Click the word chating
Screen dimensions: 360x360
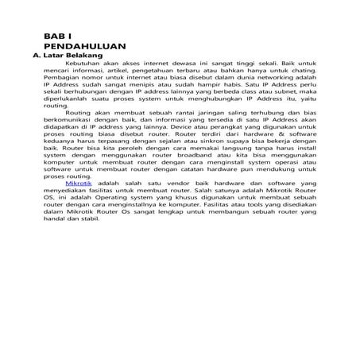301,74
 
